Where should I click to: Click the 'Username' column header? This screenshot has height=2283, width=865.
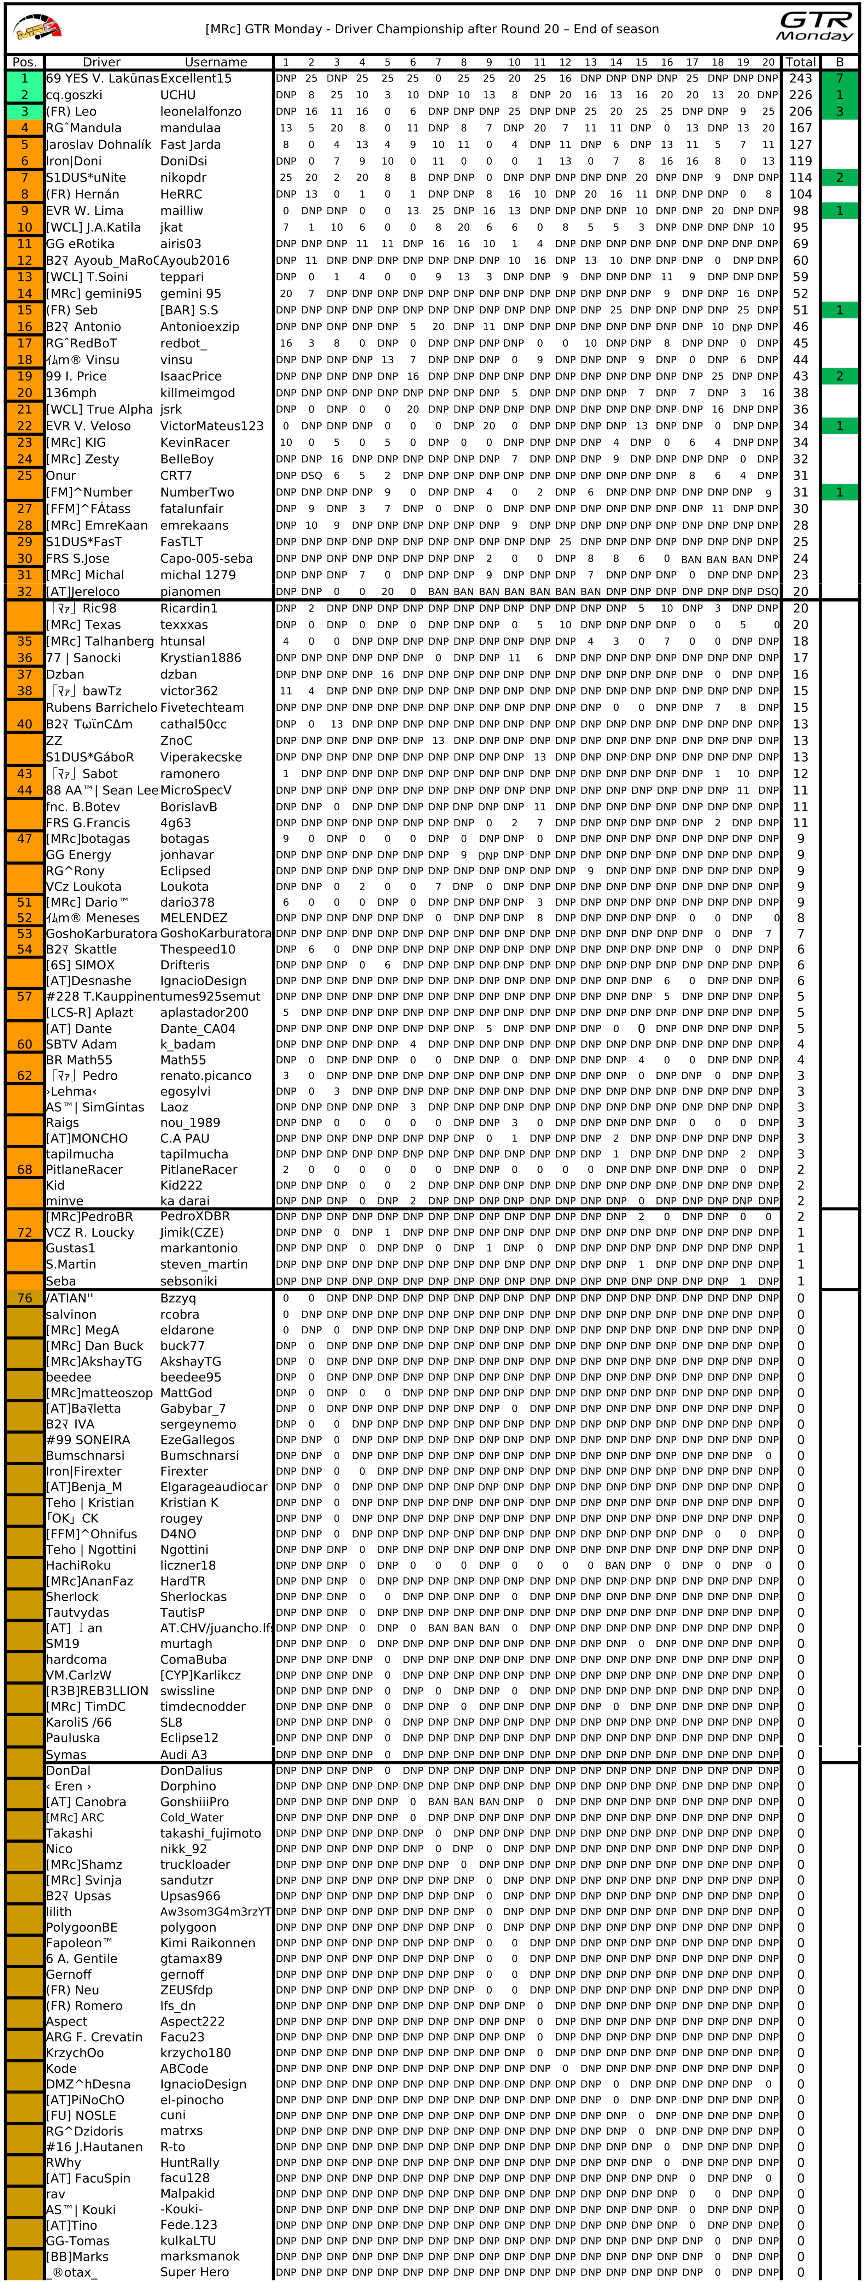(x=215, y=62)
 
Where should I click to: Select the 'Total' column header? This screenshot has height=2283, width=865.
(x=800, y=62)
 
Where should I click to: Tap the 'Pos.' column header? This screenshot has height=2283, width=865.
(x=25, y=62)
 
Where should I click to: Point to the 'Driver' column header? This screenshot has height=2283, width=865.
(x=101, y=62)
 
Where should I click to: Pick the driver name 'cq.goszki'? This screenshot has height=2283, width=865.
(x=75, y=95)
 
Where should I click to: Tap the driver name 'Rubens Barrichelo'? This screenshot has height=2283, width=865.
(x=101, y=707)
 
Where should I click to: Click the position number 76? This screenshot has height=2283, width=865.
(x=25, y=1297)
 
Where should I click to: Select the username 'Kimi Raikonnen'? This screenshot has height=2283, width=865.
(x=208, y=1943)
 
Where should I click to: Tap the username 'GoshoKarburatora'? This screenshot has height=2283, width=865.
(x=215, y=933)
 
